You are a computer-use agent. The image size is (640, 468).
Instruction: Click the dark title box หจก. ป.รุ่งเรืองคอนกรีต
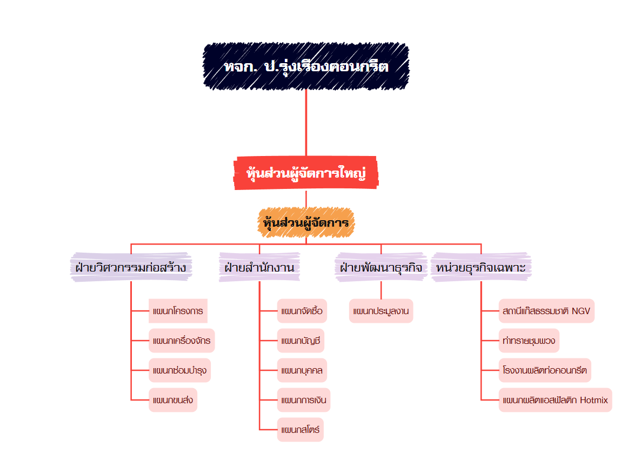click(306, 66)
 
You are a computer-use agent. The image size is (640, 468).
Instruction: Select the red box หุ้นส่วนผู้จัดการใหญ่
click(306, 174)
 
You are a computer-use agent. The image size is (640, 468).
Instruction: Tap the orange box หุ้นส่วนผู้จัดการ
click(306, 222)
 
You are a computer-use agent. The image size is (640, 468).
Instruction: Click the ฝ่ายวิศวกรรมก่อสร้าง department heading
click(131, 267)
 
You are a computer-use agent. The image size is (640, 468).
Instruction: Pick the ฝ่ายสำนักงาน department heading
click(259, 267)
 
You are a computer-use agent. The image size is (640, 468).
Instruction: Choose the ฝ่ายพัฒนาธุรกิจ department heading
click(381, 267)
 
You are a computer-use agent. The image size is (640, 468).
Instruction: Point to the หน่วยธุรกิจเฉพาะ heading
click(481, 267)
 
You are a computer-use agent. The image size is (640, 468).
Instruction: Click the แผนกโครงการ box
click(178, 311)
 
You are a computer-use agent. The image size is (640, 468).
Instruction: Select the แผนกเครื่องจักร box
click(182, 341)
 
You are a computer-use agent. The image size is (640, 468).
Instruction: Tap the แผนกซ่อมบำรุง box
click(179, 370)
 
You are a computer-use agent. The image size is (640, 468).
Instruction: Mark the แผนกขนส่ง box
click(173, 400)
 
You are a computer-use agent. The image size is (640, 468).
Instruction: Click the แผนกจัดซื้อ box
click(302, 311)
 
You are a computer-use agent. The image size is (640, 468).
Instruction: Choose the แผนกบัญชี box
click(301, 341)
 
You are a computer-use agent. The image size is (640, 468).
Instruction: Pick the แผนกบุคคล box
click(302, 370)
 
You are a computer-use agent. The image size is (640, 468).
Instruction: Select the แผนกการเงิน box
click(303, 400)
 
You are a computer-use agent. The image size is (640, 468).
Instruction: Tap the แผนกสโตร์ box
click(300, 430)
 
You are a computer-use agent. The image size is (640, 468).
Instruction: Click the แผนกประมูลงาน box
click(381, 311)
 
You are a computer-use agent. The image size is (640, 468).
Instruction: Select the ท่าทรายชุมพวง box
click(529, 341)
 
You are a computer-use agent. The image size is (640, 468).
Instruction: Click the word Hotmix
click(594, 400)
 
